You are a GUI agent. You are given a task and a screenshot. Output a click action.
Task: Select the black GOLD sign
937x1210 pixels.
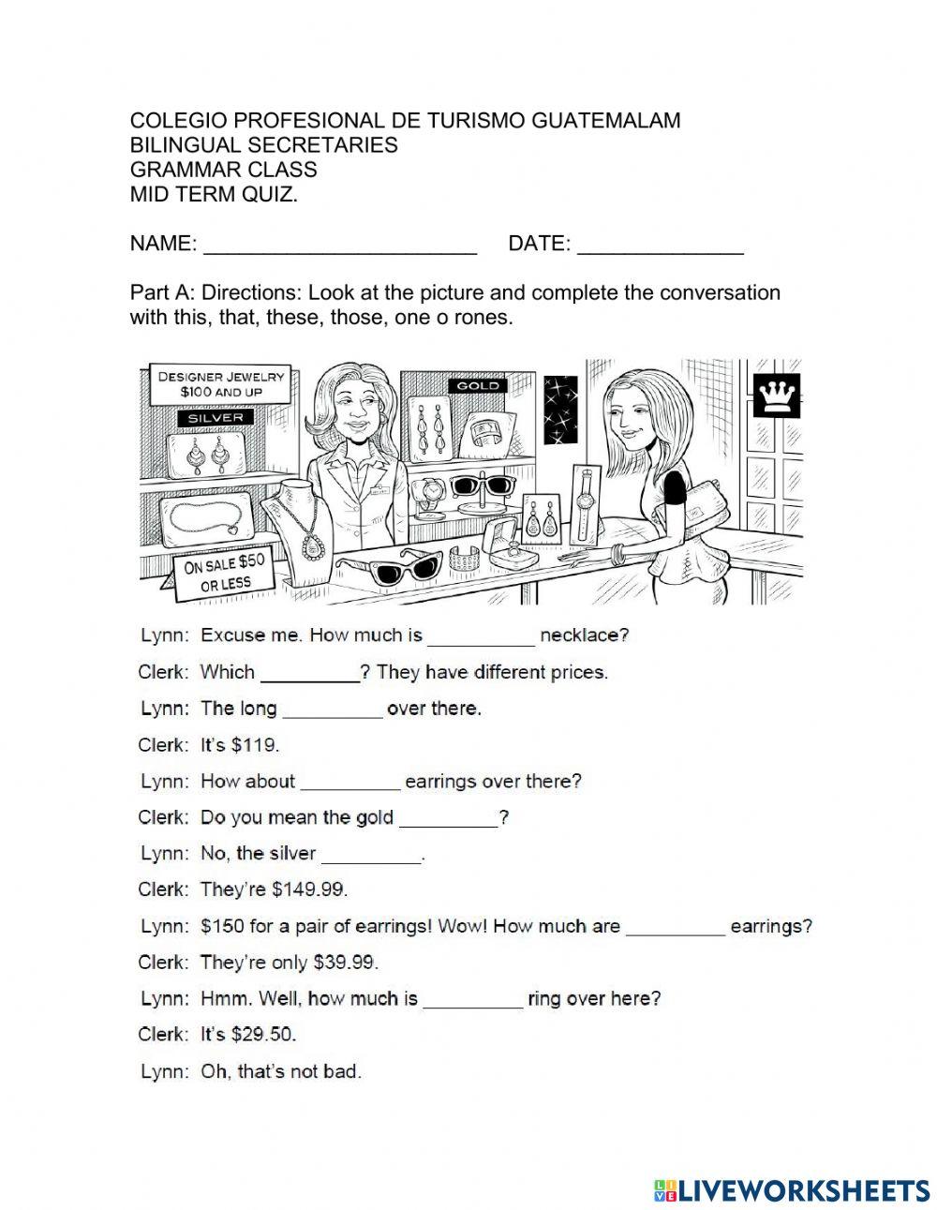[x=478, y=385]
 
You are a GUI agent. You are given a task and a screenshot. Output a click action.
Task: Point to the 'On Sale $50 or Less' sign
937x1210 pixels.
[x=225, y=573]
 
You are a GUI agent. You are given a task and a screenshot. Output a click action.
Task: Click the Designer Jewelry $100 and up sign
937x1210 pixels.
[x=222, y=383]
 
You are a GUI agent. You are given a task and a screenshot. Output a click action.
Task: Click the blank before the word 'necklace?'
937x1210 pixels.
[x=481, y=637]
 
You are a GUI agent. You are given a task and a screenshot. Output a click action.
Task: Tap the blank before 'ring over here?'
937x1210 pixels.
[x=472, y=1000]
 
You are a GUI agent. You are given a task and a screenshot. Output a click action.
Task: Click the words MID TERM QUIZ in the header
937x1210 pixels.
[x=214, y=194]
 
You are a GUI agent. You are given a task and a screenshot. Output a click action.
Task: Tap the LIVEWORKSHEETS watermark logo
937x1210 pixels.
[x=792, y=1189]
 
